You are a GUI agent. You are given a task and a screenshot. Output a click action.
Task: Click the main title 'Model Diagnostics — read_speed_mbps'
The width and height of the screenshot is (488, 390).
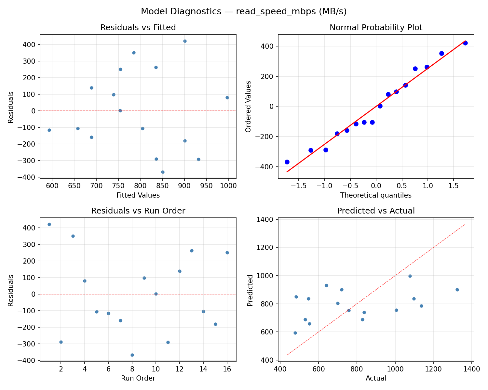pos(244,11)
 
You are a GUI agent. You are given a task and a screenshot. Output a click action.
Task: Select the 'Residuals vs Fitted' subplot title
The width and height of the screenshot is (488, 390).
pos(138,28)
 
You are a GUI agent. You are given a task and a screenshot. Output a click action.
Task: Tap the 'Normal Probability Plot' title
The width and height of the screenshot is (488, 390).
pos(376,28)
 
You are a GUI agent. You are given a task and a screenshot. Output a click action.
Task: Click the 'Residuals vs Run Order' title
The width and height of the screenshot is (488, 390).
pos(138,211)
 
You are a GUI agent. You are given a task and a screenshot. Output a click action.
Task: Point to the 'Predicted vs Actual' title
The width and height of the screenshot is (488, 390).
pos(376,211)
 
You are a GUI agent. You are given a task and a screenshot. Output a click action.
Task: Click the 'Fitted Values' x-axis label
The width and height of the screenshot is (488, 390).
pos(138,195)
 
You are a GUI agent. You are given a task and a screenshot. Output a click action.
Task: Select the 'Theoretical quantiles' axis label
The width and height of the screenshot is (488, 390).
pos(376,195)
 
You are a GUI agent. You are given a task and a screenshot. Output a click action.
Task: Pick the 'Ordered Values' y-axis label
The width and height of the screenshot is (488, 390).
pos(249,106)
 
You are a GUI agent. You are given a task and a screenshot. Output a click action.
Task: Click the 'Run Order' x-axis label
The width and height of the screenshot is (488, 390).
pos(138,378)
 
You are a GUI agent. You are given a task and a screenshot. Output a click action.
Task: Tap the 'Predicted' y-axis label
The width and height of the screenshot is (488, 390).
pos(250,290)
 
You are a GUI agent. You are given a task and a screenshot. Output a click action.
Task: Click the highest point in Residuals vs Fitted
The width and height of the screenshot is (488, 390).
pos(185,41)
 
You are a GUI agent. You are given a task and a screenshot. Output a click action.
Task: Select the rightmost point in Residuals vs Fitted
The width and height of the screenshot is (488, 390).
pos(227,97)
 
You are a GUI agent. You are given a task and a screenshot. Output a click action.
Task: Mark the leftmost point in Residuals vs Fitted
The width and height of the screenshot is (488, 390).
pos(49,130)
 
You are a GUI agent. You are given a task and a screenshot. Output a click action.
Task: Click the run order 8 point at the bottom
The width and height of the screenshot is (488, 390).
pos(132,355)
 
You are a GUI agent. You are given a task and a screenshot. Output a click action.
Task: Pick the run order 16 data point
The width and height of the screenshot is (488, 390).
pos(227,253)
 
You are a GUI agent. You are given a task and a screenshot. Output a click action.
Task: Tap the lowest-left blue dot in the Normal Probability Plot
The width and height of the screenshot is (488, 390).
pos(287,162)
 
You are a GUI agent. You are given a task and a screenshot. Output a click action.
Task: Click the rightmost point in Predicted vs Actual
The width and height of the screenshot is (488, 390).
pos(457,290)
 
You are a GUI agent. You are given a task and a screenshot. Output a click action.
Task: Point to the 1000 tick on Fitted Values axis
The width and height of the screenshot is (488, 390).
pos(228,186)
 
